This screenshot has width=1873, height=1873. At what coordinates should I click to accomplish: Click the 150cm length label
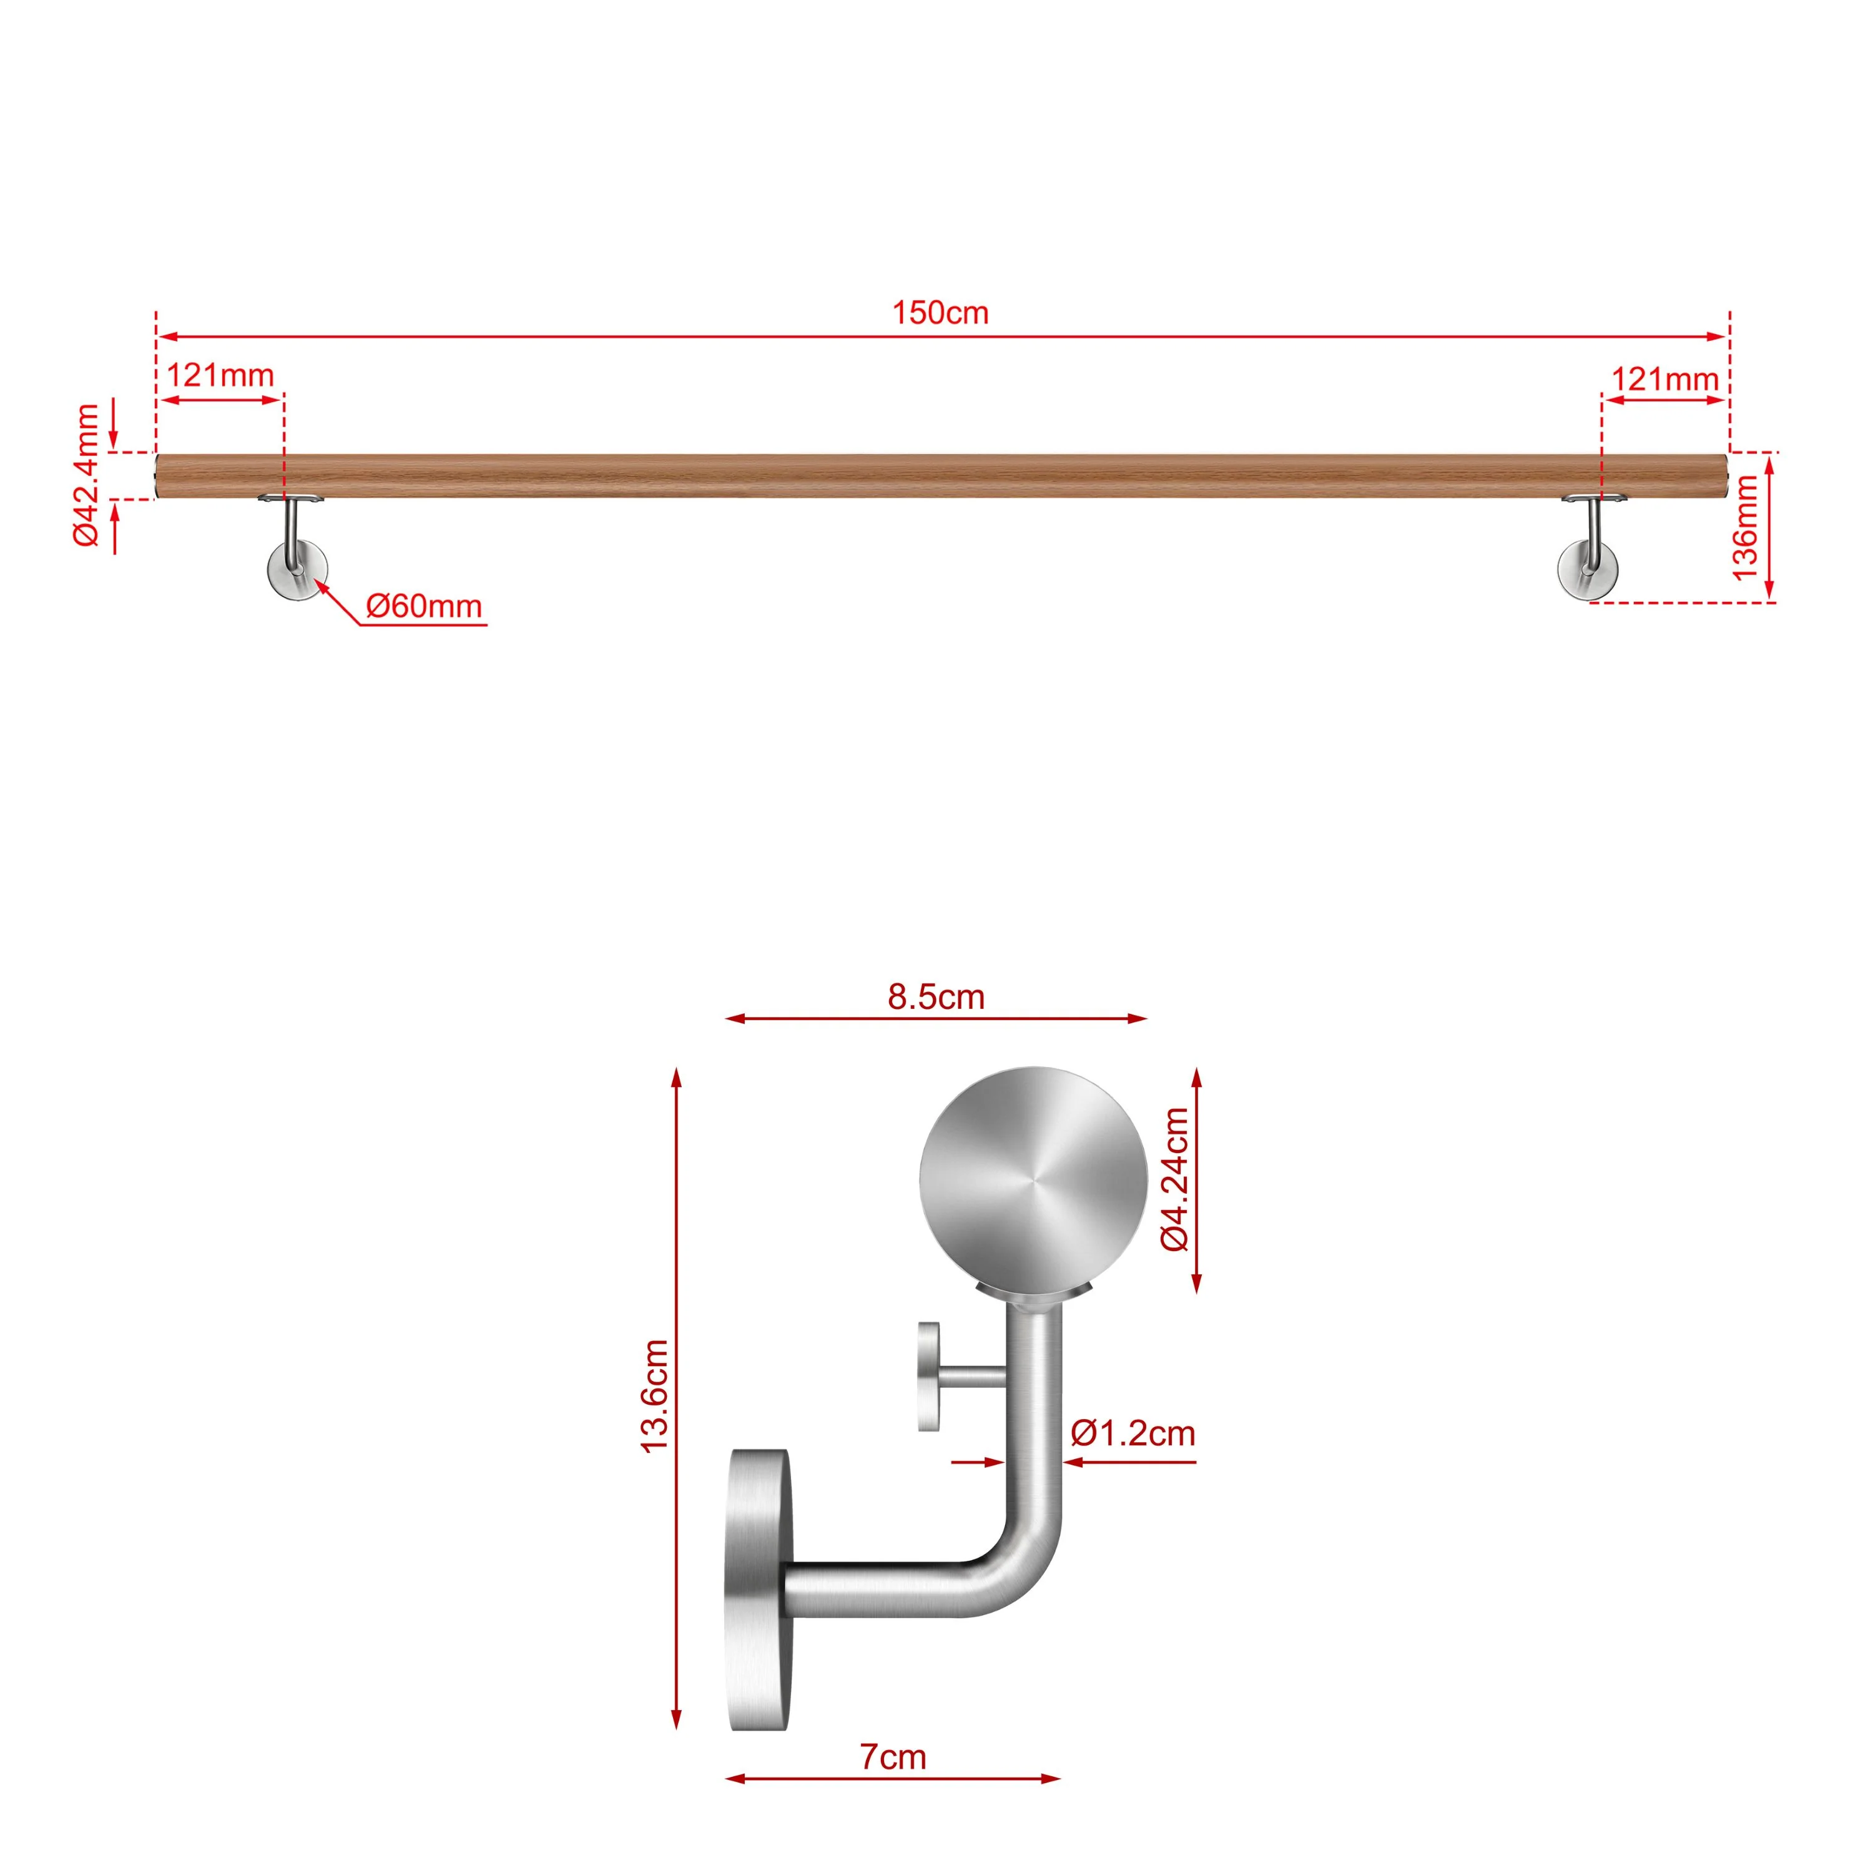[x=940, y=313]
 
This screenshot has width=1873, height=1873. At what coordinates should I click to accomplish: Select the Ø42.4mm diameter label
[x=87, y=475]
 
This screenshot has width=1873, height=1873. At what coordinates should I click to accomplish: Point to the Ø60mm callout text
[x=424, y=607]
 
